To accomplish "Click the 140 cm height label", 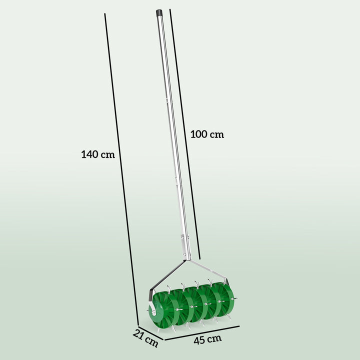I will click(x=98, y=154).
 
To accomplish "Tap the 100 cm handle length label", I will click(x=207, y=134).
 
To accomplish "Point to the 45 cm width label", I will click(x=207, y=339).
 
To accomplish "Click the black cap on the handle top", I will click(x=159, y=11).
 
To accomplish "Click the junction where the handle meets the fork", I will click(x=187, y=259).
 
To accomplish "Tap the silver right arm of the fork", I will click(x=210, y=270).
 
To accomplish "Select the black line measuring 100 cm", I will click(x=185, y=135).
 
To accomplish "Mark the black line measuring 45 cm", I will click(x=202, y=333).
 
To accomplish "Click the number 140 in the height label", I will click(x=90, y=154).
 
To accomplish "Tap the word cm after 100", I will click(x=216, y=134).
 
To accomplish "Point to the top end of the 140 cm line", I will click(x=105, y=14).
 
